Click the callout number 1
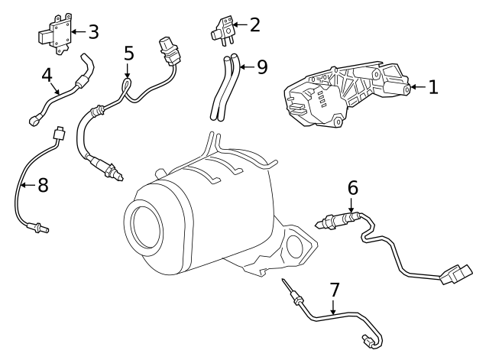(433, 87)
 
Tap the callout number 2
(254, 24)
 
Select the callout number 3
(93, 31)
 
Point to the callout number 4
(47, 76)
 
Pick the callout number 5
(128, 54)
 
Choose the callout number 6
(352, 187)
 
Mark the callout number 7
(334, 290)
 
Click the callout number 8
(43, 185)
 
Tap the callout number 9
(262, 67)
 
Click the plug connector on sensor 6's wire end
(457, 274)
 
